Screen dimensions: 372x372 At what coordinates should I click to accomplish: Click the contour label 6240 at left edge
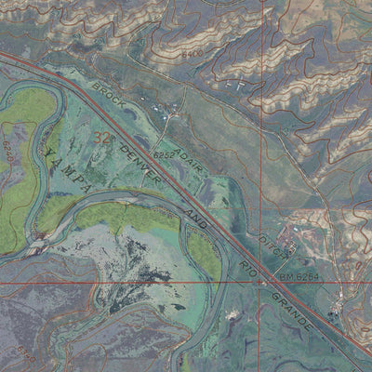pyautogui.click(x=7, y=149)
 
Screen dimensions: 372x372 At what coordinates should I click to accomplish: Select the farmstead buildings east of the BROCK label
pyautogui.click(x=172, y=113)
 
